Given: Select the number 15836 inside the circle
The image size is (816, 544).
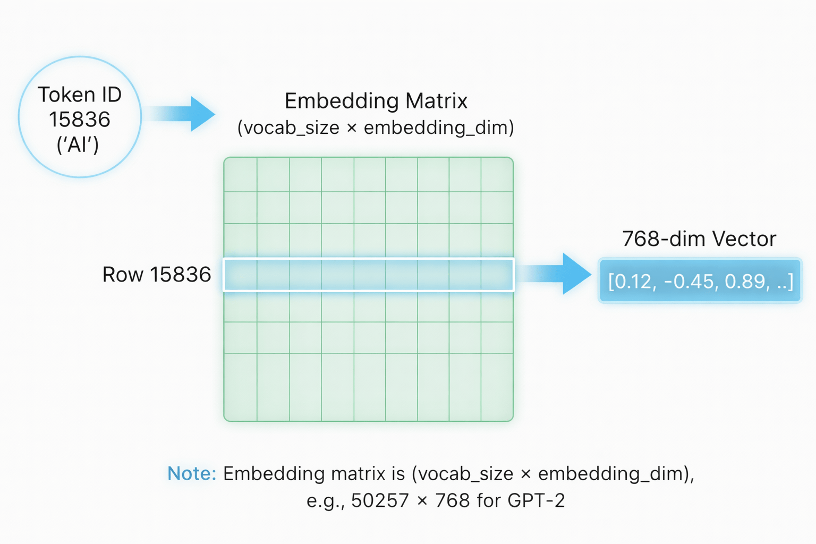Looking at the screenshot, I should click(80, 120).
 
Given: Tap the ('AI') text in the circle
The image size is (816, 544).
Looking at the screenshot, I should click(78, 144).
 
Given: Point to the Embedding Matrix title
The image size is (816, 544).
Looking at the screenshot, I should click(376, 101).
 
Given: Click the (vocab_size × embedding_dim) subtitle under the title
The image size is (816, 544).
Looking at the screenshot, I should click(376, 127).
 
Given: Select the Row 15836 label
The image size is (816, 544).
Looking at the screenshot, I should click(157, 275).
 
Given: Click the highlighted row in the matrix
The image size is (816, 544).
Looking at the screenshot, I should click(369, 275).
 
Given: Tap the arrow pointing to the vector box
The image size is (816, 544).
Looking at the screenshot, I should click(555, 274).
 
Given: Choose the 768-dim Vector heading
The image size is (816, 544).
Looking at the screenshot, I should click(699, 239).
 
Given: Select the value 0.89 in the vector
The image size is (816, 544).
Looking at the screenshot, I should click(746, 282).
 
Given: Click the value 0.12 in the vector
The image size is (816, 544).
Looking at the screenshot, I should click(632, 282).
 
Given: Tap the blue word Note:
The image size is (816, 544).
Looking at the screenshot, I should click(192, 473).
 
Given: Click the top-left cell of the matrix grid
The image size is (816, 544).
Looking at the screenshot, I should click(241, 175).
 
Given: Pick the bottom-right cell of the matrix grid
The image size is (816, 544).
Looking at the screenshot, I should click(497, 387).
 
